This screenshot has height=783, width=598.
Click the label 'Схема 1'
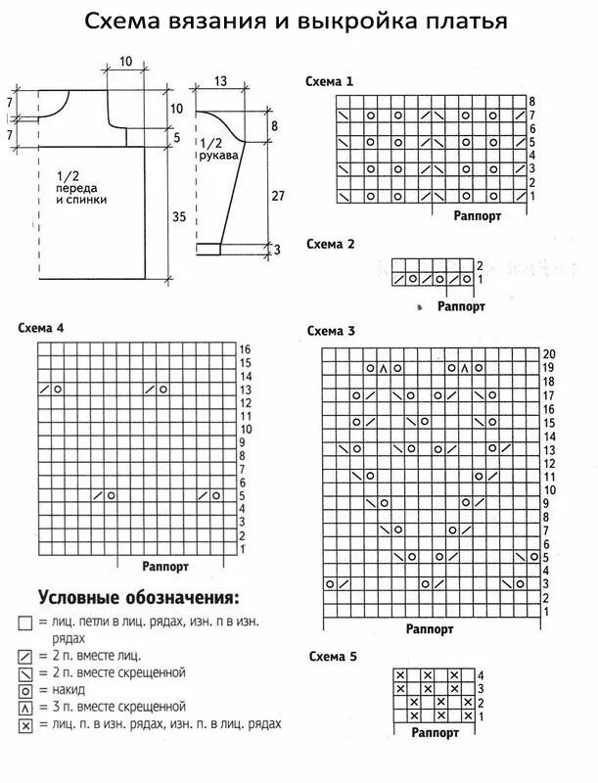(330, 82)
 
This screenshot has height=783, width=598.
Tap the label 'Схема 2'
(330, 243)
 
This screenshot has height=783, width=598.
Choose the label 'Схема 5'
(330, 655)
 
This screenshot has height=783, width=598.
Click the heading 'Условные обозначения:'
(138, 597)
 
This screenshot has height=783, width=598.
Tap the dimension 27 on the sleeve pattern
(277, 196)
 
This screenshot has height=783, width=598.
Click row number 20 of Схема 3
(549, 352)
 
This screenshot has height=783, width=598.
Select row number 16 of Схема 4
(245, 348)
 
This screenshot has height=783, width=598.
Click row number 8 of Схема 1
(532, 102)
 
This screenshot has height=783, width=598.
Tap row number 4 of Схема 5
(480, 675)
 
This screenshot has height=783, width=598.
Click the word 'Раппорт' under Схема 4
(165, 567)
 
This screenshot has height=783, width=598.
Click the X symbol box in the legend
(25, 725)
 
